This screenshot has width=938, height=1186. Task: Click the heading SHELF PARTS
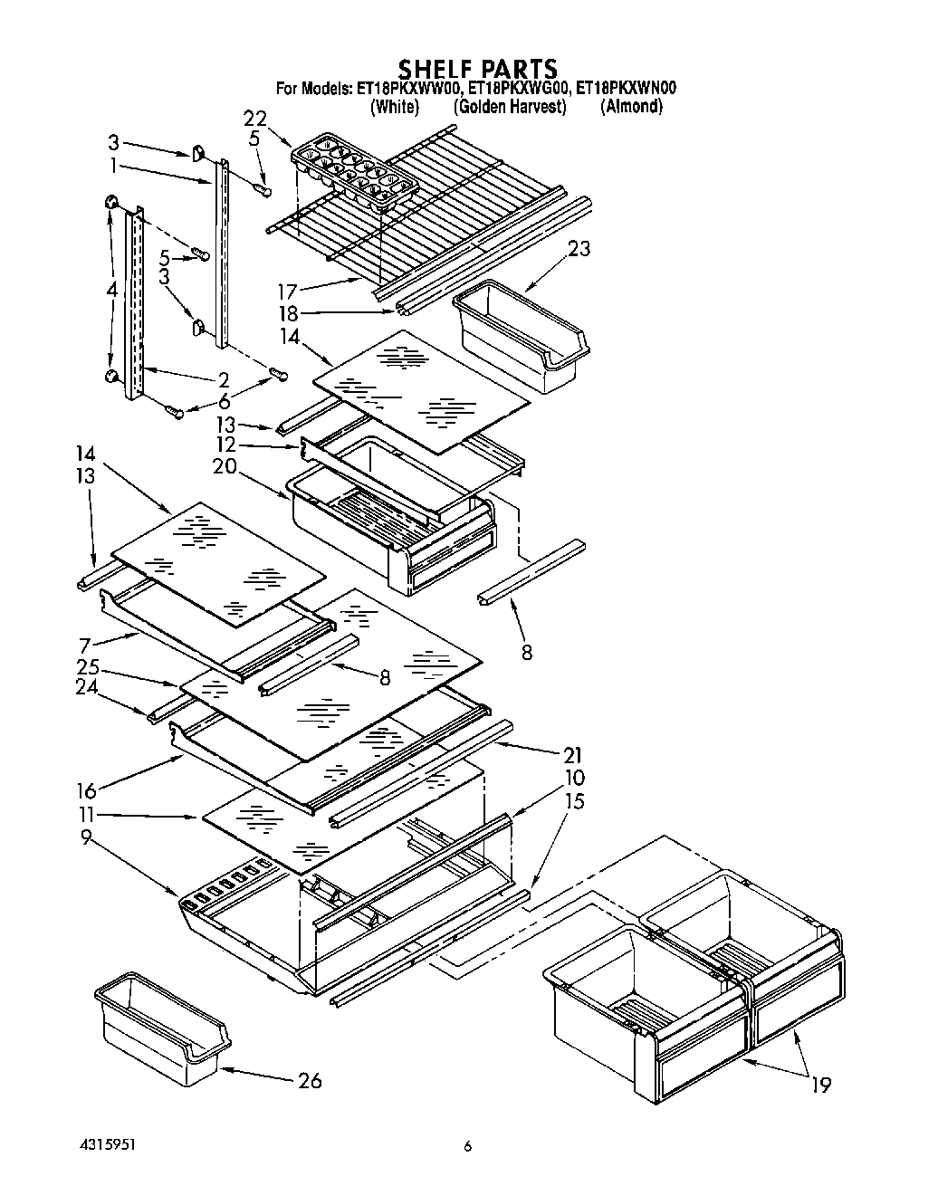click(x=478, y=69)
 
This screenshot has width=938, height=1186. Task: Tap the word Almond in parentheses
click(x=631, y=107)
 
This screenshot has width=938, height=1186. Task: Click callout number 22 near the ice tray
click(x=255, y=119)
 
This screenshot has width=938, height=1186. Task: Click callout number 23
click(x=579, y=248)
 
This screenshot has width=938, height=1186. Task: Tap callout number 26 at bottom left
click(x=308, y=1080)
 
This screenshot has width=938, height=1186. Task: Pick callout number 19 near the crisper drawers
click(x=821, y=1085)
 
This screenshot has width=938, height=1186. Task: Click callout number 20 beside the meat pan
click(x=225, y=466)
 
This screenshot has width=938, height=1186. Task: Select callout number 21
click(x=571, y=754)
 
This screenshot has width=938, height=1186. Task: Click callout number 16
click(x=87, y=790)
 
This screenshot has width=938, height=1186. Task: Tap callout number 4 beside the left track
click(x=111, y=291)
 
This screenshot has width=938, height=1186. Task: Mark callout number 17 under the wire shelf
click(x=287, y=292)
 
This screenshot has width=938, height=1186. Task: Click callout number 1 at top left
click(x=113, y=166)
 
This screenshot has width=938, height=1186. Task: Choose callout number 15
click(x=574, y=801)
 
